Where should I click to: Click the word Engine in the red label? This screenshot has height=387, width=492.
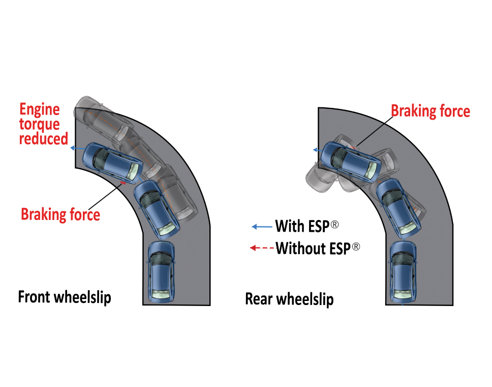[x=40, y=110]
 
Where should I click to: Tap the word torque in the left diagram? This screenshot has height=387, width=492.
[x=40, y=124]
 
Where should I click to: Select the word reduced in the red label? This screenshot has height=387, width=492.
[x=44, y=138]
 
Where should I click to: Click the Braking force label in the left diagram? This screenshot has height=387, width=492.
[x=60, y=214]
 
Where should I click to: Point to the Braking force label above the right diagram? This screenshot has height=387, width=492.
[x=430, y=111]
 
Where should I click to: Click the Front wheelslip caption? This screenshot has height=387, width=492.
[x=65, y=297]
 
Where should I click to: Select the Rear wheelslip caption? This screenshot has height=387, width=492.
[x=289, y=299]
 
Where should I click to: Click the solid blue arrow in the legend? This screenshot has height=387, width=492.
[x=262, y=226]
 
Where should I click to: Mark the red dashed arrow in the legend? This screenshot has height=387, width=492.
[x=262, y=248]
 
